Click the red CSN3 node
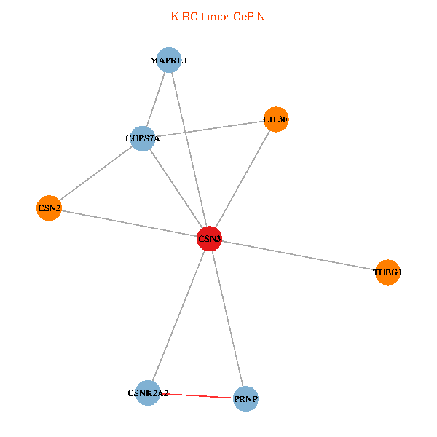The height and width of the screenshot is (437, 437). pyautogui.click(x=209, y=238)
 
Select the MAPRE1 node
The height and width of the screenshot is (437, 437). pyautogui.click(x=169, y=60)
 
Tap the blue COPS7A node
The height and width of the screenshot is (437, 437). pyautogui.click(x=143, y=138)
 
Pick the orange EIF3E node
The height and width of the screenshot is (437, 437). pyautogui.click(x=276, y=119)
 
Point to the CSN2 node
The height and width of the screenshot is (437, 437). pyautogui.click(x=49, y=208)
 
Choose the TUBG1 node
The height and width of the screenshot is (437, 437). pyautogui.click(x=387, y=272)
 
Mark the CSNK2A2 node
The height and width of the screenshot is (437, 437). pyautogui.click(x=148, y=393)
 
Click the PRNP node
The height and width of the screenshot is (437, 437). pyautogui.click(x=246, y=399)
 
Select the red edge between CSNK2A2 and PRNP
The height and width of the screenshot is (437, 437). pyautogui.click(x=197, y=396)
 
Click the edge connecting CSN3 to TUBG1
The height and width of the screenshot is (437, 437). pyautogui.click(x=299, y=256)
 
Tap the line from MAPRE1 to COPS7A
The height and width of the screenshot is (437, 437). pyautogui.click(x=156, y=100)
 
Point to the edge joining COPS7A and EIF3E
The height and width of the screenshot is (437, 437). pyautogui.click(x=211, y=129)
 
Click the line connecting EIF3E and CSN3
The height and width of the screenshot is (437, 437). pyautogui.click(x=243, y=179)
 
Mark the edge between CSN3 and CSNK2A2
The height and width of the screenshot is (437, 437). pyautogui.click(x=178, y=316)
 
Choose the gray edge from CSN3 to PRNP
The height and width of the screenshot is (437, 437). pyautogui.click(x=227, y=318)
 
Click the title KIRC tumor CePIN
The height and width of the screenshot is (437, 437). pyautogui.click(x=218, y=16)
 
